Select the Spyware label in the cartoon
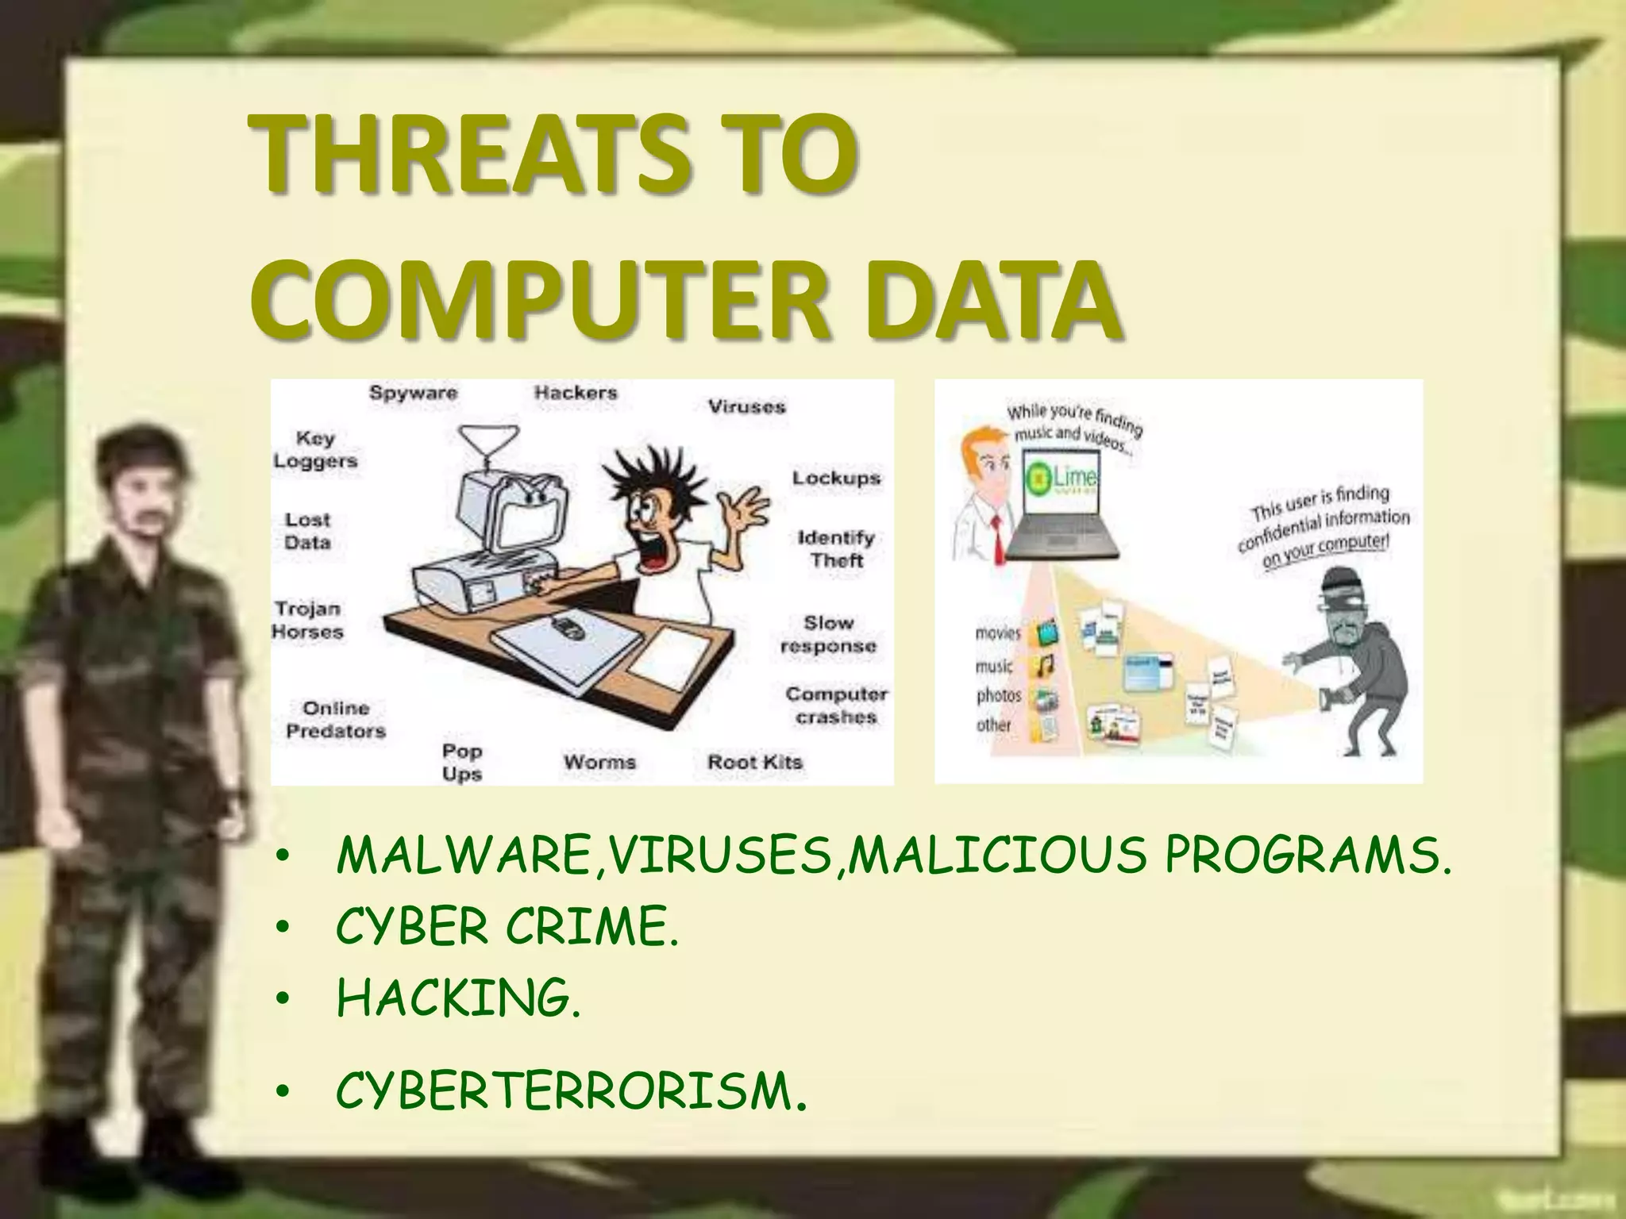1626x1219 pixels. point(413,393)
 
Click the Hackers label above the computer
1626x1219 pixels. point(576,392)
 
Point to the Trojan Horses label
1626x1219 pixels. point(308,621)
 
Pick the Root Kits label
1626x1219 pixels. point(755,762)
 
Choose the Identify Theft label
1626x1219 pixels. point(836,548)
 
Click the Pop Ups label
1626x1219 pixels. point(462,762)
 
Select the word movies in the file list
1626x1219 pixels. point(998,633)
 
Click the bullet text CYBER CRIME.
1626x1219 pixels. point(507,926)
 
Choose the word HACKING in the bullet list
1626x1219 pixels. point(458,998)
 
